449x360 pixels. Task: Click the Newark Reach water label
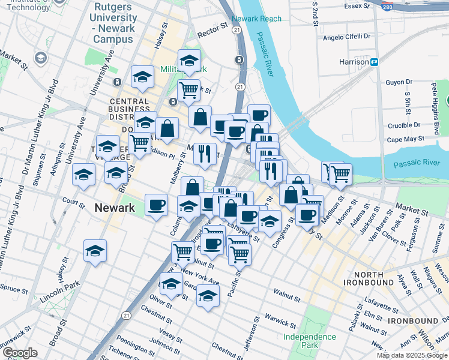(x=256, y=19)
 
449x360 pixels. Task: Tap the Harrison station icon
(x=375, y=62)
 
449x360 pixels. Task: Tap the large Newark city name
(x=114, y=208)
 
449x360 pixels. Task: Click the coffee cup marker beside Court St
(x=157, y=205)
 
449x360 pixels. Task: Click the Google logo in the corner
(x=20, y=353)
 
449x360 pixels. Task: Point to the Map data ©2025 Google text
(x=412, y=355)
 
